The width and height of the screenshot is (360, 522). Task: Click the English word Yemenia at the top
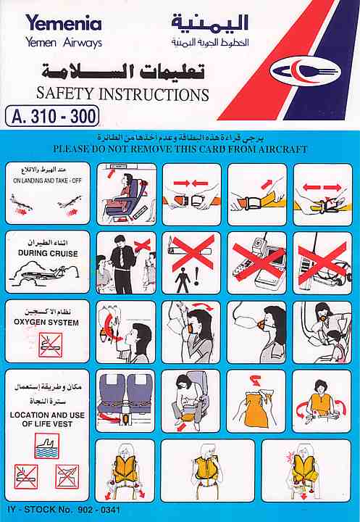point(64,23)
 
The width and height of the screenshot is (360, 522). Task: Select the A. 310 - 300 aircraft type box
point(52,116)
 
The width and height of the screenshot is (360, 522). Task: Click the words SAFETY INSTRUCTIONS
point(122,94)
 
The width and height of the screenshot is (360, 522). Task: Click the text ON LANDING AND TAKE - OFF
point(47,181)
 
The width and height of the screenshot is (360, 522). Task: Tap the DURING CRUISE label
point(48,253)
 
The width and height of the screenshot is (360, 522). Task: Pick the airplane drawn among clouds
point(46,274)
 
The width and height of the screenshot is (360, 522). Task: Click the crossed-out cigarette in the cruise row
point(191,252)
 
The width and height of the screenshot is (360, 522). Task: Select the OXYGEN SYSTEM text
point(46,322)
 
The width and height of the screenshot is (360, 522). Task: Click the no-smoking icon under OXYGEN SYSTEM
point(50,344)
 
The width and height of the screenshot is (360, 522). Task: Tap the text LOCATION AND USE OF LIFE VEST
point(47,420)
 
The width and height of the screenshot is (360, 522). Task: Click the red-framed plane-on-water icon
point(47,446)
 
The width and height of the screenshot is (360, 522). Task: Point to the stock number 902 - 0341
point(99,510)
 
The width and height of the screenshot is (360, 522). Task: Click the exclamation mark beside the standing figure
point(196,277)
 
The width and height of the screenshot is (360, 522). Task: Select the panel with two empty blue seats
point(125,401)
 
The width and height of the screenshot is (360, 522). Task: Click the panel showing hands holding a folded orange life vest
point(256,401)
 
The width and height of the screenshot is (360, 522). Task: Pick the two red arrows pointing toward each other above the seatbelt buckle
point(191,183)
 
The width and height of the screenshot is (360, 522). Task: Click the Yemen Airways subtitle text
point(64,43)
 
